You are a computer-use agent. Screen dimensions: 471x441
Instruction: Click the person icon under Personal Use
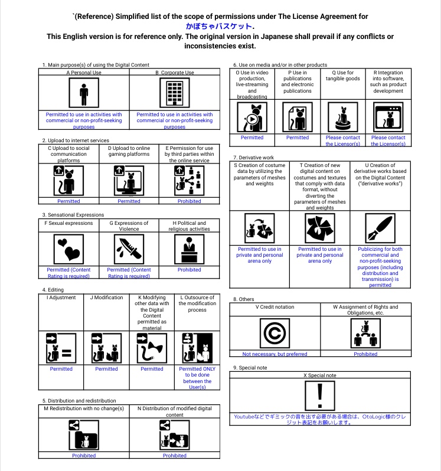tap(84, 93)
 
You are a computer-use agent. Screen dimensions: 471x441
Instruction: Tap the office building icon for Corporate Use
tap(174, 93)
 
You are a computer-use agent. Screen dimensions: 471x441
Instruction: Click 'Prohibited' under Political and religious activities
tap(189, 270)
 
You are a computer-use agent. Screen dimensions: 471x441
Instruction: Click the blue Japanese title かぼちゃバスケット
tap(220, 27)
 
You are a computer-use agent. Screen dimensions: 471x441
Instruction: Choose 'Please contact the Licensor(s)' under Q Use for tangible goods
tap(342, 140)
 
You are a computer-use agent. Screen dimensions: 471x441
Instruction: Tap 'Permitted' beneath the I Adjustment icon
tap(61, 369)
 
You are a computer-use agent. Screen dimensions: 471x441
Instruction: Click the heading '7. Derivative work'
tap(254, 158)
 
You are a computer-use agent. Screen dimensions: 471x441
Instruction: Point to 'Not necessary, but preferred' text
tap(275, 354)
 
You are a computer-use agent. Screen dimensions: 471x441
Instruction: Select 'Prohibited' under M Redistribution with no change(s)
tap(84, 456)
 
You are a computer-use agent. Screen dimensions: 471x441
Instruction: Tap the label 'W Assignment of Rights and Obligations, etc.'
tap(365, 309)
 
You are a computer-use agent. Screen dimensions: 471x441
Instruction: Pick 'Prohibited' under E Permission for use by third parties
tap(189, 201)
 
